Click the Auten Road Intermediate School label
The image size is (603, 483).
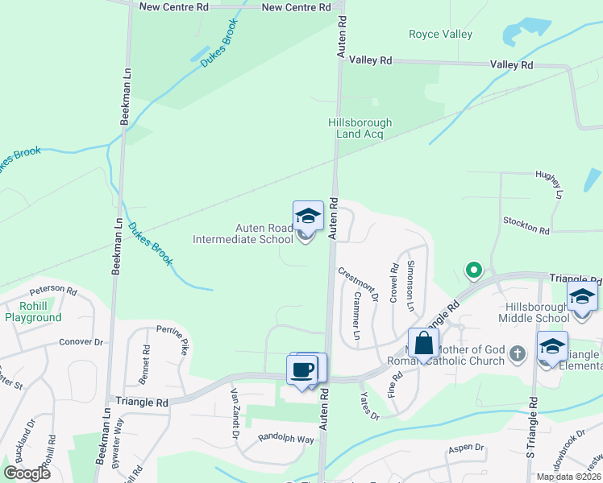243,233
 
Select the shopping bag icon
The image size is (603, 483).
423,344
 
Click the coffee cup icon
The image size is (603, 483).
302,369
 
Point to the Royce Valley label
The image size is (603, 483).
440,35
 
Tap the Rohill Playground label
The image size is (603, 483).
33,312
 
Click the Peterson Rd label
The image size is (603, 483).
53,291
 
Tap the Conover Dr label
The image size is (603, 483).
81,342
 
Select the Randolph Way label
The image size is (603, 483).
285,440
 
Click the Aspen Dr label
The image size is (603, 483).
467,448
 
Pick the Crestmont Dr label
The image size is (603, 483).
358,283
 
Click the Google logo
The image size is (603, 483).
27,473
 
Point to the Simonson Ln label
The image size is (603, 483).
411,287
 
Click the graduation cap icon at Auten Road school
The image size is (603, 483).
307,215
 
